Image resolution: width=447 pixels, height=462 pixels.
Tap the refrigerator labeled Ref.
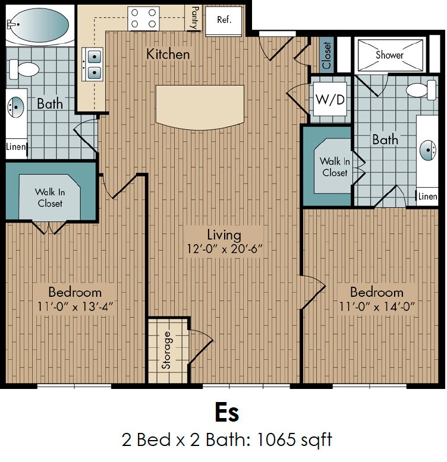223,20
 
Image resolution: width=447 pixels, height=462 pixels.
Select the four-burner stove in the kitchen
143,18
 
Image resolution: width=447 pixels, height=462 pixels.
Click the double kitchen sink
93,64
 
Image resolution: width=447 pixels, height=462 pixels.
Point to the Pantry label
195,18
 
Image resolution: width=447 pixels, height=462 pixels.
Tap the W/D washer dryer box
330,99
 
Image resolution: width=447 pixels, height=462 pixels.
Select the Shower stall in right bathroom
390,55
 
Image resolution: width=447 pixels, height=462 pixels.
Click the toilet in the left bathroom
24,69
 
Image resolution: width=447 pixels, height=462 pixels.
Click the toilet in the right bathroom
421,90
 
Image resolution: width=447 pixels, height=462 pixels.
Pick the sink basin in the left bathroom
15,107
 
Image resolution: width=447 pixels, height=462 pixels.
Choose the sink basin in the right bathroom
428,150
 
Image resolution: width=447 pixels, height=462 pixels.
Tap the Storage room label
166,350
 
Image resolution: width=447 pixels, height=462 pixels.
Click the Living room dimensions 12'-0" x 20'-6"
224,249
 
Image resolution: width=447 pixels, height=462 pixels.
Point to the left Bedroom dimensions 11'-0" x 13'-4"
75,306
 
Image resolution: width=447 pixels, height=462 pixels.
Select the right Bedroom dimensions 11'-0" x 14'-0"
377,306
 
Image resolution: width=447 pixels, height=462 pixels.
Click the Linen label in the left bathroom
15,147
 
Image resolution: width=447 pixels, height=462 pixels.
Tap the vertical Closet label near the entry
327,55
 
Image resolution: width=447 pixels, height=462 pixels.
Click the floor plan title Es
226,413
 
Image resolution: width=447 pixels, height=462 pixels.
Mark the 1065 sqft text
295,439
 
